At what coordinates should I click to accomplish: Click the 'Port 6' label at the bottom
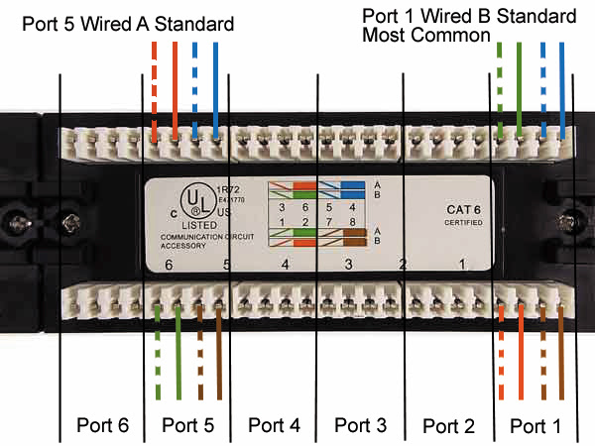pos(103,425)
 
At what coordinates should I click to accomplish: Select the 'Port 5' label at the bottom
pos(187,425)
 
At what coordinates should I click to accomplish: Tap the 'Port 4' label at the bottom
pos(274,425)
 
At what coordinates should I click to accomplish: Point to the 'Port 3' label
pos(361,425)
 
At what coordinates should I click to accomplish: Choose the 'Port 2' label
pos(448,426)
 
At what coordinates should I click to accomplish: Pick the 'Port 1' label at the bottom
pos(535,425)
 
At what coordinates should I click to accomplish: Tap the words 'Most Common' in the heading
pos(426,35)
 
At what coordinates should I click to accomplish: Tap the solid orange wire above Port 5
pos(175,89)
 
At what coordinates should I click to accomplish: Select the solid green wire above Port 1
pos(519,89)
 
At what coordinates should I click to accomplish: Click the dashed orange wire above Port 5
pos(155,89)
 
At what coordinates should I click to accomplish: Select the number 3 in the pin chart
pos(282,206)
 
